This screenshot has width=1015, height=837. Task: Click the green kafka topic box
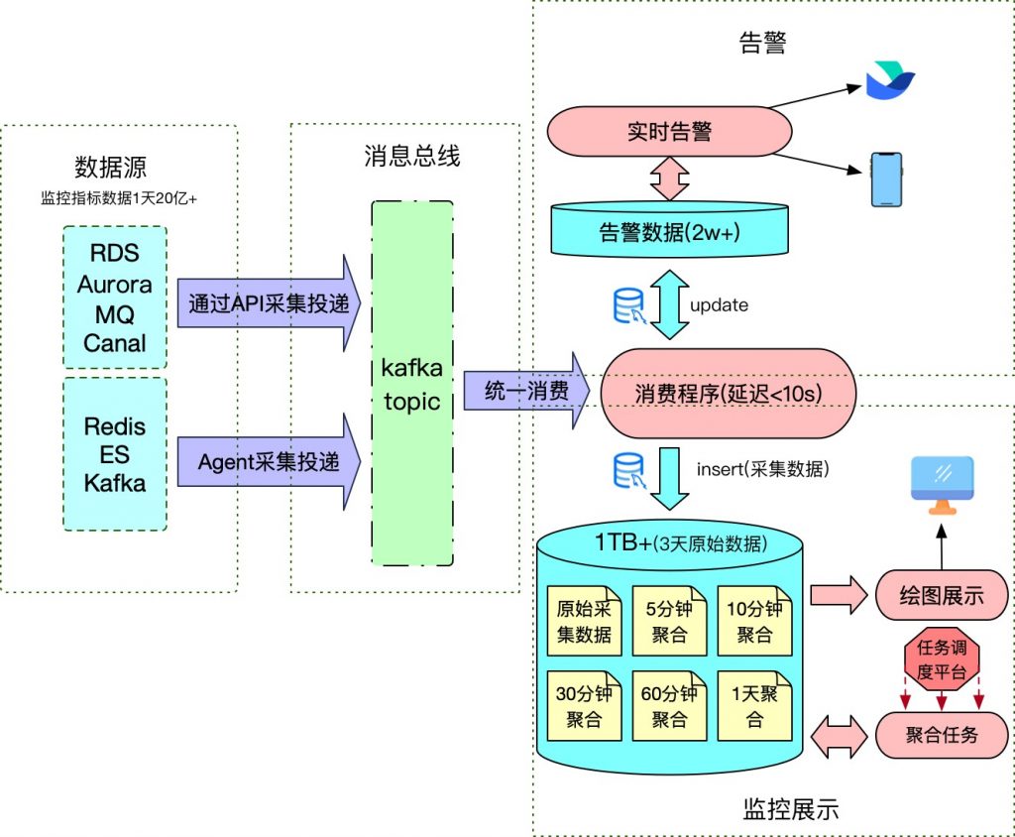[411, 384]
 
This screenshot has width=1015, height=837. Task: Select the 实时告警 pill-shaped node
[670, 131]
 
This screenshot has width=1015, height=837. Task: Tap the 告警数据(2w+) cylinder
[670, 232]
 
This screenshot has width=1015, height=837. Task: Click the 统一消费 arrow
[521, 391]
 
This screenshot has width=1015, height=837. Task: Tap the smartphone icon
[886, 179]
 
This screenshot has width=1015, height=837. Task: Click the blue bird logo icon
[889, 80]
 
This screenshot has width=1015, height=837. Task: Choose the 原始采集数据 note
[584, 621]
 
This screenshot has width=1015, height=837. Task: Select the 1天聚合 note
[754, 705]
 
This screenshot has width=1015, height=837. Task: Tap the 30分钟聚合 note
[584, 705]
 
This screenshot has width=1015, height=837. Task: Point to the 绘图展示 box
[941, 596]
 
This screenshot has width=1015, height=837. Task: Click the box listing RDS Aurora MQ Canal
[115, 298]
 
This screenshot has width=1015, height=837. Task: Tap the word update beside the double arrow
[719, 305]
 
